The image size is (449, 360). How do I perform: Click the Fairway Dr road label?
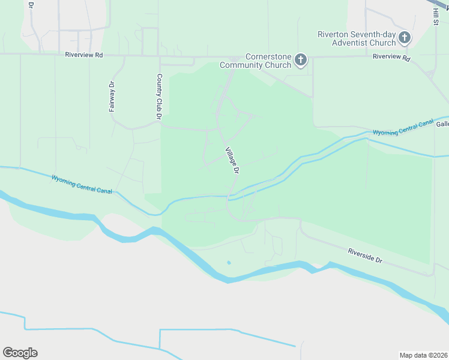[x=112, y=97]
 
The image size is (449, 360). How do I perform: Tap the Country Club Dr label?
[x=159, y=97]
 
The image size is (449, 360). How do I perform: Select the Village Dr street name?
[x=232, y=161]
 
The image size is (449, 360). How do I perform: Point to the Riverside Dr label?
[x=365, y=256]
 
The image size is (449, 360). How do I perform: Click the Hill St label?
[x=435, y=13]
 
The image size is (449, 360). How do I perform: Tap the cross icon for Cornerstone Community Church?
[x=300, y=60]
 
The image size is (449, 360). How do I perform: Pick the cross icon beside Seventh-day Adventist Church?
[x=405, y=38]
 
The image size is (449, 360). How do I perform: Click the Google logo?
[x=20, y=353]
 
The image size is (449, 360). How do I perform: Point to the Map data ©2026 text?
[x=424, y=355]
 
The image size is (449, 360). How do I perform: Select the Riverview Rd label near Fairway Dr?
[x=84, y=55]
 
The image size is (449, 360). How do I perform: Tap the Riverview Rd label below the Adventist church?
[x=391, y=58]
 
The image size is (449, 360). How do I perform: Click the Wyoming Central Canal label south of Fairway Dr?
[x=82, y=184]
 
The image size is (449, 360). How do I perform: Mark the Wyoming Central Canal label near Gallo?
[x=403, y=127]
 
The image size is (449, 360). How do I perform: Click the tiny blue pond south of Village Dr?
[x=229, y=263]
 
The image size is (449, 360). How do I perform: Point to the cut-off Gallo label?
[x=442, y=124]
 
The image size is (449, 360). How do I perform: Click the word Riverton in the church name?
[x=334, y=34]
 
